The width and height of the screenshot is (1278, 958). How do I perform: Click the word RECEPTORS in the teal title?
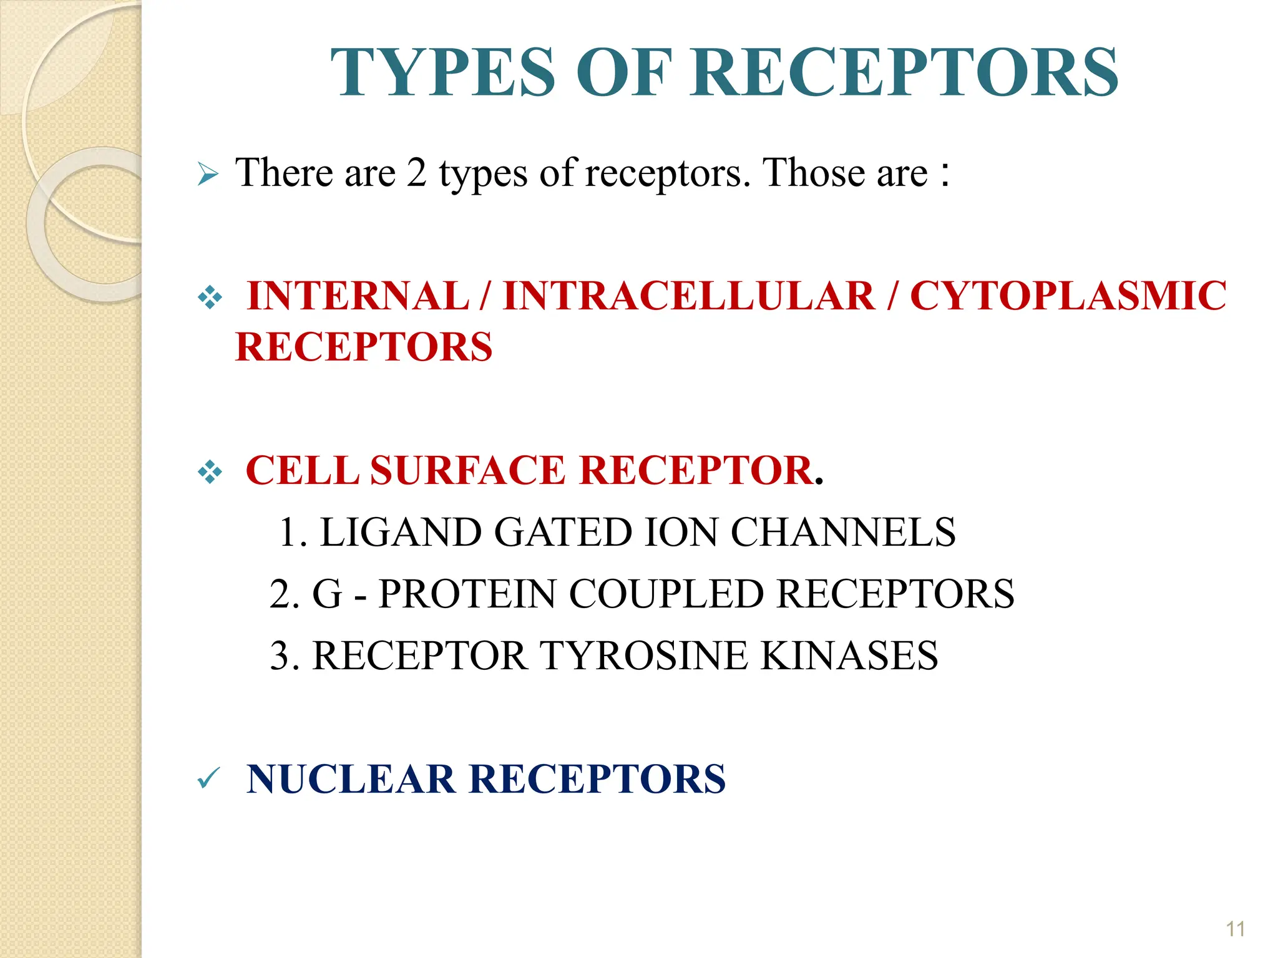(904, 73)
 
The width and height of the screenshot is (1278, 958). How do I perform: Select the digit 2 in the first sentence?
(416, 173)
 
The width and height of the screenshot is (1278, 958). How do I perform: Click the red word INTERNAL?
(358, 296)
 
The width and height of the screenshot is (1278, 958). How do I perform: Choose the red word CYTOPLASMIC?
(1068, 296)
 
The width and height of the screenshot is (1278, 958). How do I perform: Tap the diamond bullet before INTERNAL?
(210, 298)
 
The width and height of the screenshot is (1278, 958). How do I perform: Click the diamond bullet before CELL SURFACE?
(210, 472)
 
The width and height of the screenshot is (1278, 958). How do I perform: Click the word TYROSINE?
(642, 656)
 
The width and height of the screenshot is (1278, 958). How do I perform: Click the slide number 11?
(1235, 929)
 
